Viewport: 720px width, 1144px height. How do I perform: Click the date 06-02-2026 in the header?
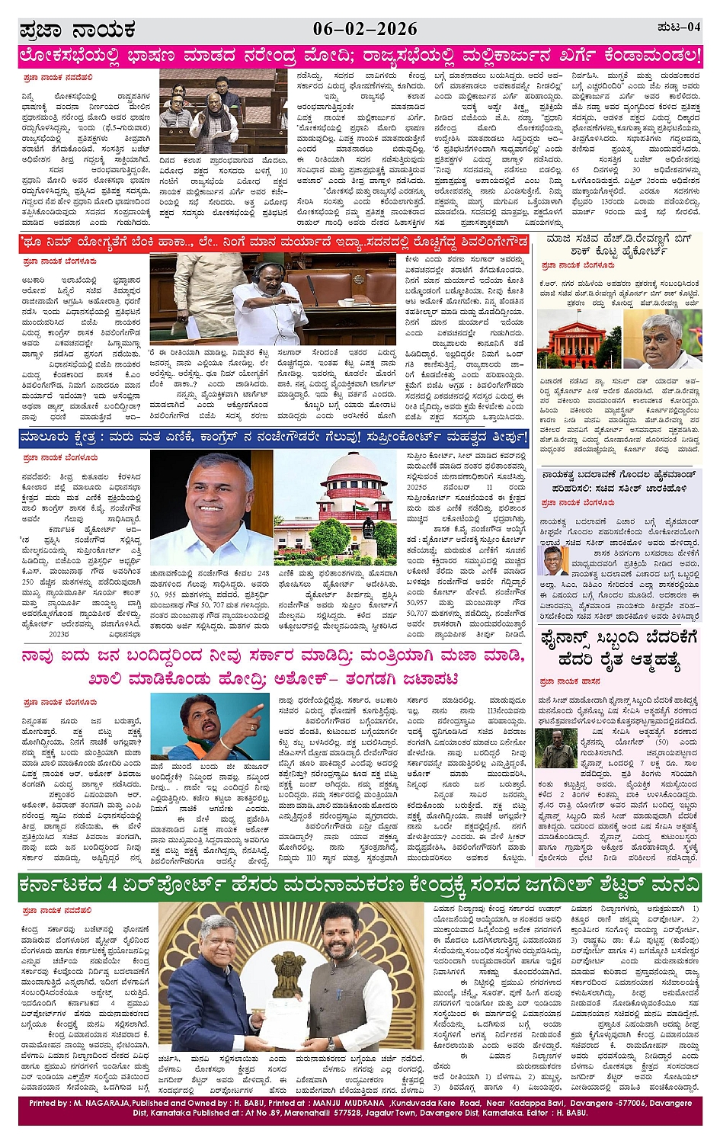(x=365, y=29)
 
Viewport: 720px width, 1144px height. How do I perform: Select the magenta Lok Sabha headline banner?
(x=360, y=56)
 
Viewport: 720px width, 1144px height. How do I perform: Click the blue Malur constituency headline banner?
(x=274, y=438)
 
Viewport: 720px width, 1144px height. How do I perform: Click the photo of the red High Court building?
(x=578, y=339)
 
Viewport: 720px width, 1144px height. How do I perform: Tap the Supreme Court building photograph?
(x=335, y=507)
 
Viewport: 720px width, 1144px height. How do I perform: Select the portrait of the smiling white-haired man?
(x=211, y=507)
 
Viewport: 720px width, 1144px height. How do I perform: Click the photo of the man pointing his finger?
(x=210, y=726)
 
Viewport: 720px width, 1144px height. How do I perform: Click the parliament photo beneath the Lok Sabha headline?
(x=223, y=111)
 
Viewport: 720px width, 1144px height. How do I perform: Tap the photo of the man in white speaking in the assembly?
(x=273, y=299)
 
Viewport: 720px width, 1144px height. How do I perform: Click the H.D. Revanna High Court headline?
(x=619, y=245)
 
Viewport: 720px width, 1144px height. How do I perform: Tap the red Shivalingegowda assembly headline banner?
(x=274, y=242)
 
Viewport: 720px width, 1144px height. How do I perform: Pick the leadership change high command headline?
(x=619, y=481)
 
